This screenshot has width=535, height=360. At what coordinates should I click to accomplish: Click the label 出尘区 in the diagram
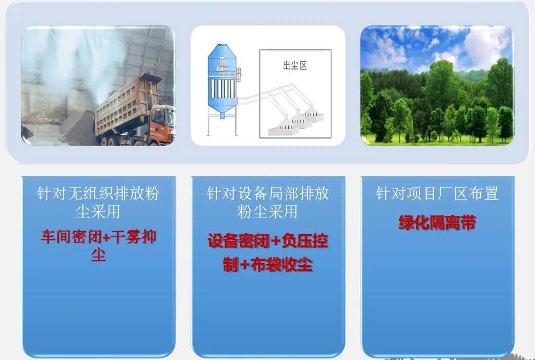(x=295, y=65)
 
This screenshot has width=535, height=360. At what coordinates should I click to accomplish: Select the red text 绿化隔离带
(x=437, y=223)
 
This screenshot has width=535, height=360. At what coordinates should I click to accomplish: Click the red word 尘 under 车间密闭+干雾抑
(x=99, y=255)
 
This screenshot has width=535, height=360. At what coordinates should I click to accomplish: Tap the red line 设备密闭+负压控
(x=268, y=241)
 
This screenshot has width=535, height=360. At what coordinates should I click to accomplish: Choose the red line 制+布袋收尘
(x=268, y=265)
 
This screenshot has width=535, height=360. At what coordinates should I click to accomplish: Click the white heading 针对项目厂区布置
(x=437, y=193)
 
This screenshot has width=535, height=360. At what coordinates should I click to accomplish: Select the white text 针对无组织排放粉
(x=98, y=193)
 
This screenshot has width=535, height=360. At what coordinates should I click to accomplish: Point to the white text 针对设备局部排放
(x=268, y=193)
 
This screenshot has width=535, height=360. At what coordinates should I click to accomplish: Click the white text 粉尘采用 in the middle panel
(x=268, y=212)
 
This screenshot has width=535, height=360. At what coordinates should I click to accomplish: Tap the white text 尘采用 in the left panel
(x=98, y=212)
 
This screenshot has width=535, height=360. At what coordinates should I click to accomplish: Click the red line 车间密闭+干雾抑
(x=99, y=236)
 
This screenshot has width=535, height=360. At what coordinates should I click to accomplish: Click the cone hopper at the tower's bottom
(x=222, y=110)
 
